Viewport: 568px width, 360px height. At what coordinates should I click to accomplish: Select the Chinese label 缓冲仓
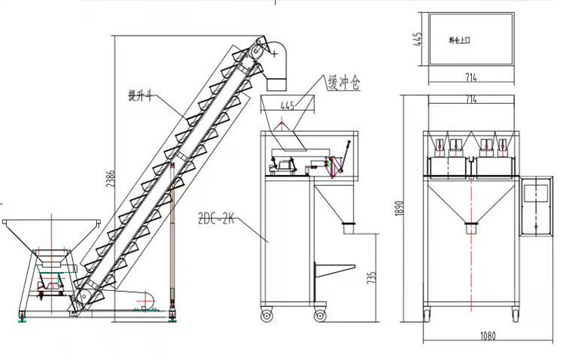point(342,82)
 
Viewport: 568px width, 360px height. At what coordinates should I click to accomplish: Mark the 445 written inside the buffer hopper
point(287,106)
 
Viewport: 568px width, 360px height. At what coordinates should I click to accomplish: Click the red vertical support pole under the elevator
point(173,243)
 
